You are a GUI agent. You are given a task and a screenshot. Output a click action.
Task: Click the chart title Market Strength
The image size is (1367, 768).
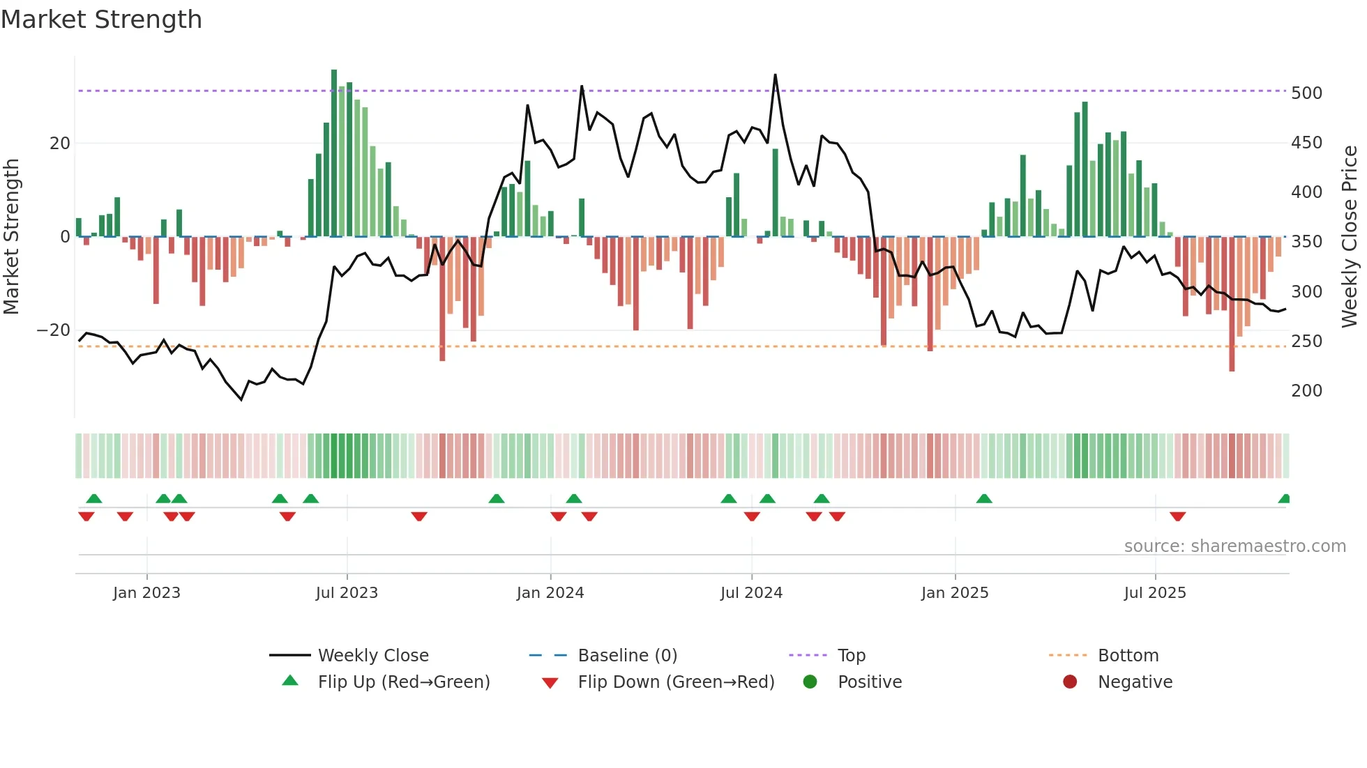coord(101,20)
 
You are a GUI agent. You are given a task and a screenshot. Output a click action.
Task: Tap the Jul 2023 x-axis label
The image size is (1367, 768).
coord(347,593)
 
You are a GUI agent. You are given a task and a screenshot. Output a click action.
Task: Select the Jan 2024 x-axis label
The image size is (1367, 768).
coord(550,593)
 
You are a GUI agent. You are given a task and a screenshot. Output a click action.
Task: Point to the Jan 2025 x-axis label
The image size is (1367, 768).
coord(955,593)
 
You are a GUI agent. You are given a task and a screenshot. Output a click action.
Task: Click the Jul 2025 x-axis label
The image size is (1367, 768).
coord(1155,593)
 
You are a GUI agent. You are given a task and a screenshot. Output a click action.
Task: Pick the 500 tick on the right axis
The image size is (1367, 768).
coord(1306,93)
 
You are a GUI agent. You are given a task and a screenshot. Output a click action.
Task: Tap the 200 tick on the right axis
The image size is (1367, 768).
coord(1306,391)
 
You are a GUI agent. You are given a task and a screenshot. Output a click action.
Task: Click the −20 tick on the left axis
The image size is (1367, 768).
coord(54,330)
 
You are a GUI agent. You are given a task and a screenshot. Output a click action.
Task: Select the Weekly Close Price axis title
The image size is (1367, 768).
coord(1350,237)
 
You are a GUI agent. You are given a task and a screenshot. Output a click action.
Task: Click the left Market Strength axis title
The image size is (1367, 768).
coord(11,237)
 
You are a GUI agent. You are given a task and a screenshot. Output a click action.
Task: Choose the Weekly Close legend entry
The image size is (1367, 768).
coord(373,656)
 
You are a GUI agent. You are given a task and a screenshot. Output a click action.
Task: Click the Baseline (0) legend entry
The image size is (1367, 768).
coord(628,656)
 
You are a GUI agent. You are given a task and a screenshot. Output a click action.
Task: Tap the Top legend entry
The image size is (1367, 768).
coord(852,656)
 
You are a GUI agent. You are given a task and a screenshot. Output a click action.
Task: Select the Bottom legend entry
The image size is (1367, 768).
coord(1128,656)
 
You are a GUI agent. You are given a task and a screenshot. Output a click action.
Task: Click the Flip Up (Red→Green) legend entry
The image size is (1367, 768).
coord(404,682)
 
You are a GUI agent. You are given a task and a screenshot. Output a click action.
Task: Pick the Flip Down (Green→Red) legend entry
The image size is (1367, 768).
coord(676,682)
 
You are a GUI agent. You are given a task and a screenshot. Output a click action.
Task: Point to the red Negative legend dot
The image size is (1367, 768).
coord(1070,682)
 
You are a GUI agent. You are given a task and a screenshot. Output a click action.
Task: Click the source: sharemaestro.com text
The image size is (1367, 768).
coord(1234,546)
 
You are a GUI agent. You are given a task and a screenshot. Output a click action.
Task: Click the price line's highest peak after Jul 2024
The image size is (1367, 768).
coord(775,75)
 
